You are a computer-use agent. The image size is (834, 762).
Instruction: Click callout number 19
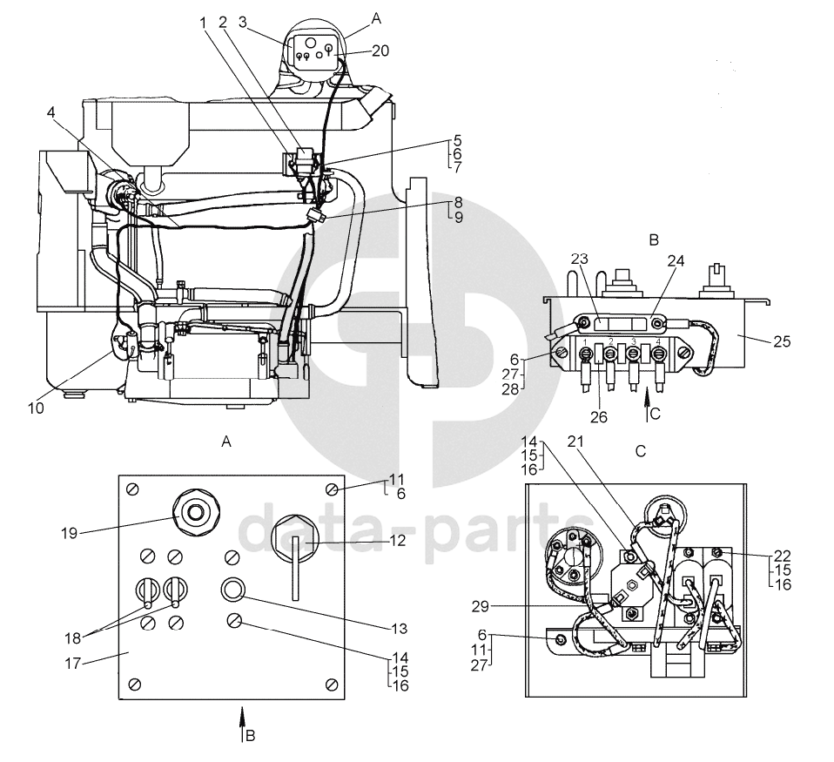click(69, 533)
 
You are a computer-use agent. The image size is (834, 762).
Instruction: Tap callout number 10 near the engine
click(37, 408)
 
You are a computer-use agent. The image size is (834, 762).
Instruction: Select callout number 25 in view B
click(782, 341)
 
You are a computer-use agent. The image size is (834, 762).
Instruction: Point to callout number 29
click(480, 606)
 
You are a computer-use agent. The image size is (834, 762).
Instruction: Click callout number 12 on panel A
click(397, 541)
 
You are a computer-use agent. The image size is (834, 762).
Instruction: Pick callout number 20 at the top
click(380, 51)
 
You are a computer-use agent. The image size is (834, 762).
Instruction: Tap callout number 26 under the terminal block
click(598, 417)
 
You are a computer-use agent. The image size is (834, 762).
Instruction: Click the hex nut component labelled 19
click(196, 513)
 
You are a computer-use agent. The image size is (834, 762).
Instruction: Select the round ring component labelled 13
click(233, 589)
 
